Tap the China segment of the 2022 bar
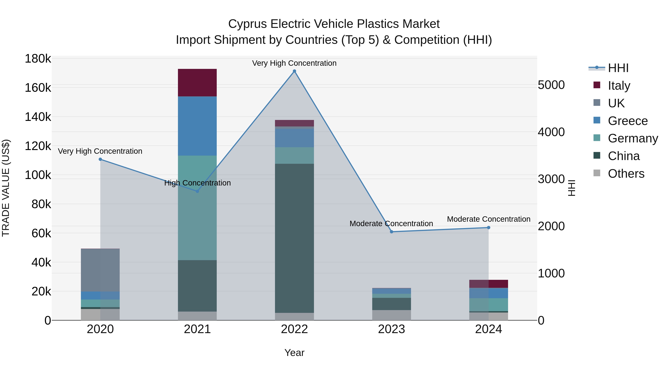pyautogui.click(x=294, y=238)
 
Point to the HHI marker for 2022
pyautogui.click(x=294, y=71)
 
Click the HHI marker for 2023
pyautogui.click(x=392, y=232)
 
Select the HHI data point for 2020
pyautogui.click(x=100, y=159)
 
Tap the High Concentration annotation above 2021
pyautogui.click(x=197, y=183)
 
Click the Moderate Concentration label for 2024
pyautogui.click(x=489, y=219)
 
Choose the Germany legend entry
pyautogui.click(x=633, y=138)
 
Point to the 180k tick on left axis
pyautogui.click(x=38, y=59)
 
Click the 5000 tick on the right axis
pyautogui.click(x=551, y=85)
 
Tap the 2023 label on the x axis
pyautogui.click(x=392, y=329)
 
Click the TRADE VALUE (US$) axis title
pyautogui.click(x=6, y=188)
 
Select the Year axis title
pyautogui.click(x=294, y=353)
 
